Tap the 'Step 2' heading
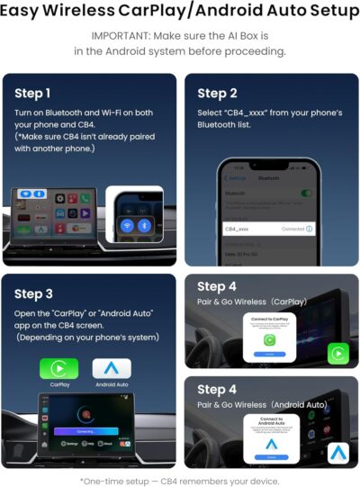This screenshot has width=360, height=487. point(217,93)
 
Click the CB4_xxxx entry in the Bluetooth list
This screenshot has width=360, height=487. point(238,230)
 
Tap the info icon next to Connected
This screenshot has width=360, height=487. point(309,230)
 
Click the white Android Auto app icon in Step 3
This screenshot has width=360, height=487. point(112,369)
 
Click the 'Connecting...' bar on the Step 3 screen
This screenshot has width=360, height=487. point(89,431)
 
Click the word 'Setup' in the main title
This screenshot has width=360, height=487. point(322,12)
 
